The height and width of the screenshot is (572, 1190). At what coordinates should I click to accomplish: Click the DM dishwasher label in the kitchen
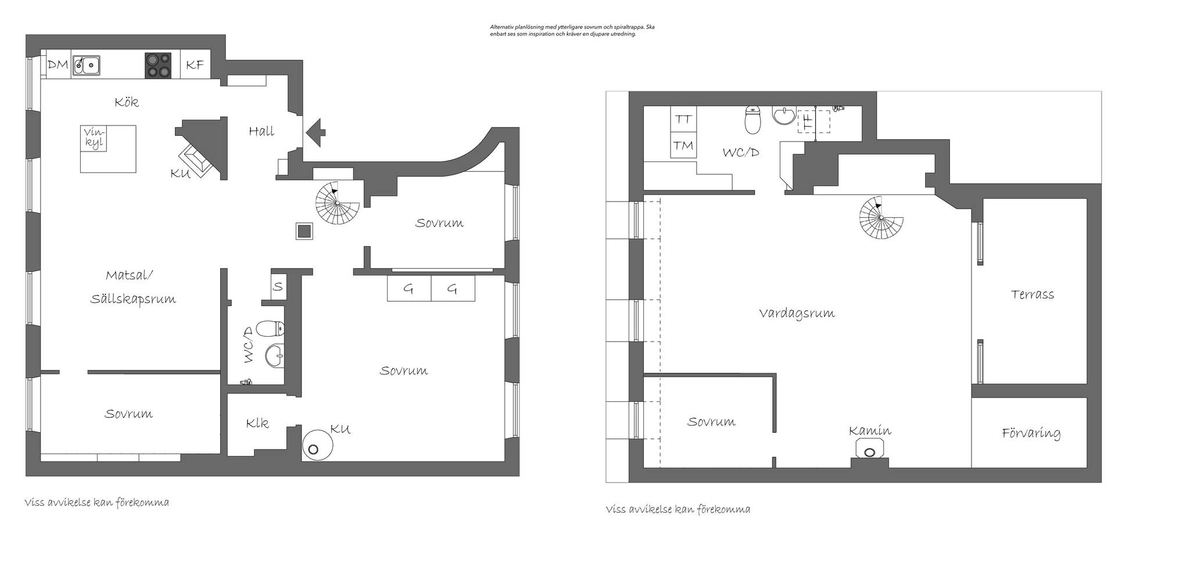point(58,65)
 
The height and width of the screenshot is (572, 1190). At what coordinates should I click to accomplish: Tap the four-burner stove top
point(158,66)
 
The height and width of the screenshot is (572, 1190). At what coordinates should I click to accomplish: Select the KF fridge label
point(195,65)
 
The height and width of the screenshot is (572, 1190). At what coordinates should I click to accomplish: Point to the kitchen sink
point(86,66)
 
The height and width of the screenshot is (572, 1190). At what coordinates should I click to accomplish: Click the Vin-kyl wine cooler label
point(94,138)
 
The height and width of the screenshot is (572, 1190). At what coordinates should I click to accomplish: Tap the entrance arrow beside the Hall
point(316,132)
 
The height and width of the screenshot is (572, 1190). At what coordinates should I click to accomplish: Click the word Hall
point(261,131)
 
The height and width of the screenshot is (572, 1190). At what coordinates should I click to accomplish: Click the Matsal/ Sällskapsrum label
point(133,287)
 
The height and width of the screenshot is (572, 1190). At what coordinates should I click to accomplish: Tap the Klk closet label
point(257,423)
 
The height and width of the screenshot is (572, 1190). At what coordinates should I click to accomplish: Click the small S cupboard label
point(278,286)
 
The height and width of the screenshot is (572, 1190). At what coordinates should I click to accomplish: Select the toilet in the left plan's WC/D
point(270,330)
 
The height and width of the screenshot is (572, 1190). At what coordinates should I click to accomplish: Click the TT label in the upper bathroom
point(684,119)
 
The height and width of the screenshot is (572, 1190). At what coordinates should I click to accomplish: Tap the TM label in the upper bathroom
point(684,145)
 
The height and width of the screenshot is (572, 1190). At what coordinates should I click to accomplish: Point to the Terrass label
point(1033,294)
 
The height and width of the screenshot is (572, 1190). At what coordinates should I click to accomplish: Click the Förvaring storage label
point(1031,433)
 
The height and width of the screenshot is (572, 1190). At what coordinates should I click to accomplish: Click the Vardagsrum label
point(797,314)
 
